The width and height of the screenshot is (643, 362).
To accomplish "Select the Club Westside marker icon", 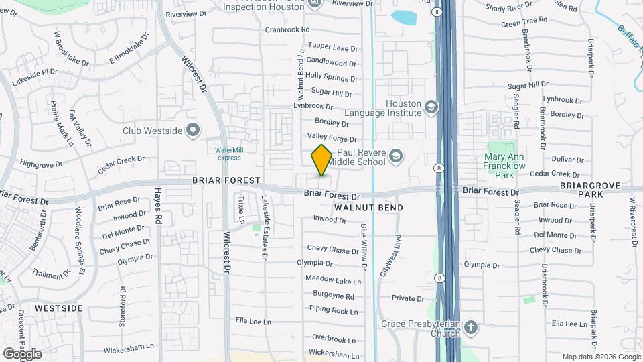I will click(x=194, y=130).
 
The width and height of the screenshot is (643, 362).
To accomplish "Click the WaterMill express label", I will click(x=228, y=154).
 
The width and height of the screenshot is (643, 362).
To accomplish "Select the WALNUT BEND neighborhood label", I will click(x=368, y=208).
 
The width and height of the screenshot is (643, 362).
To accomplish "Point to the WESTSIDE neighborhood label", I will click(x=58, y=308).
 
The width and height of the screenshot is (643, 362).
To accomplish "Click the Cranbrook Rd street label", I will click(x=287, y=29).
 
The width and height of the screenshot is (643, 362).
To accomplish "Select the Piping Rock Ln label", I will click(x=334, y=310).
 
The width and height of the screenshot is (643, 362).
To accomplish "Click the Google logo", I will click(x=22, y=353).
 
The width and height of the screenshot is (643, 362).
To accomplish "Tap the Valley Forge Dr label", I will click(x=334, y=138).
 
